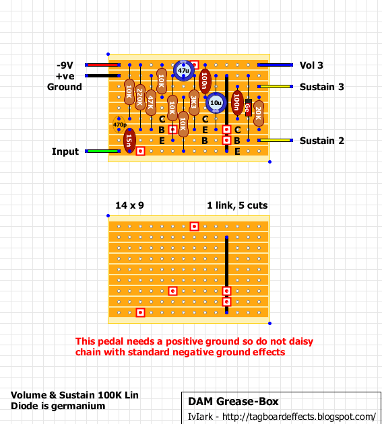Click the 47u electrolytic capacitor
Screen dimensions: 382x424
tap(183, 71)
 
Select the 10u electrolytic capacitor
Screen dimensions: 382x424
tap(216, 103)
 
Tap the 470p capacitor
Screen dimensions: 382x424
tap(119, 125)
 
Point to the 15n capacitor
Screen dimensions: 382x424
tap(129, 141)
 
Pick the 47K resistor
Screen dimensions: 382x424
tap(151, 103)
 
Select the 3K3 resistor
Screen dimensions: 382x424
tap(194, 103)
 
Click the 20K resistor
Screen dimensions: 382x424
tap(259, 113)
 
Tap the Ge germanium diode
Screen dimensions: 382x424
tap(248, 108)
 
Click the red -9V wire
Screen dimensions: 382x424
tap(103, 65)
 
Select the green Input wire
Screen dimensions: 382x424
tap(103, 151)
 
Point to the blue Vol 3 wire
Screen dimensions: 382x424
tap(275, 65)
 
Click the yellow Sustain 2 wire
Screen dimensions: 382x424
tap(275, 141)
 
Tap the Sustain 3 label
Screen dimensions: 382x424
tap(321, 87)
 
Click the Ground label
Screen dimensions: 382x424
tap(65, 87)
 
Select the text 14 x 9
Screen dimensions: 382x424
tap(129, 205)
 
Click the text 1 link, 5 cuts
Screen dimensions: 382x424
tap(237, 205)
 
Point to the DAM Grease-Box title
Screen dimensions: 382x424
tap(233, 402)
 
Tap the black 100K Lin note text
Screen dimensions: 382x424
tap(75, 395)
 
